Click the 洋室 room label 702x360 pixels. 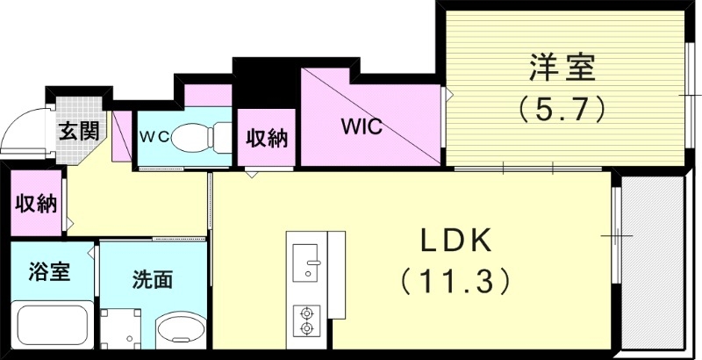[561, 66]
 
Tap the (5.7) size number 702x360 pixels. [561, 108]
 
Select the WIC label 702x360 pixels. [362, 126]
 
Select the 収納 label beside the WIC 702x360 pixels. [267, 139]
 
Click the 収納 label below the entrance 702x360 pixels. [36, 204]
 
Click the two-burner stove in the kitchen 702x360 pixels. [306, 320]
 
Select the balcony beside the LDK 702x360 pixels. [651, 263]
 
